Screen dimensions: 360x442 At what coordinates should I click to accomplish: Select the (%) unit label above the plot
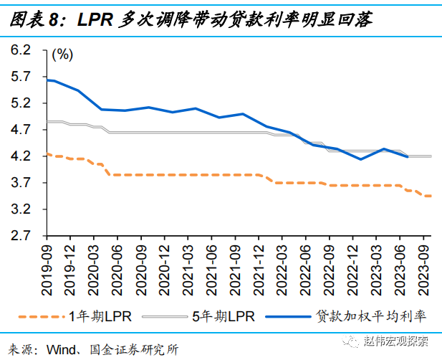pos(63,55)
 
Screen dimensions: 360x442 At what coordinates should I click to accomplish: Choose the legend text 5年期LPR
pos(222,315)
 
